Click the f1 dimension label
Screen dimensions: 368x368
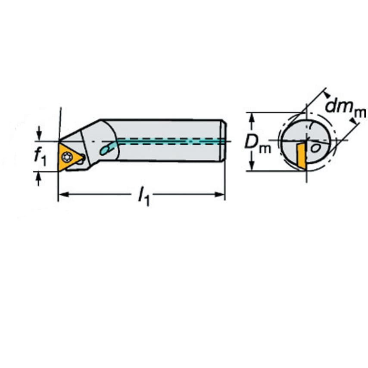coord(40,156)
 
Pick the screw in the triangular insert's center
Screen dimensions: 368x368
coord(67,157)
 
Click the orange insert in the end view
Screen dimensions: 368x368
coord(301,156)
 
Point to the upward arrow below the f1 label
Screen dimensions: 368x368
coord(38,178)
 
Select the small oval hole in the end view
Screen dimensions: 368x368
coord(316,148)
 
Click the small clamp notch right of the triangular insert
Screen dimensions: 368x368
coord(81,160)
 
